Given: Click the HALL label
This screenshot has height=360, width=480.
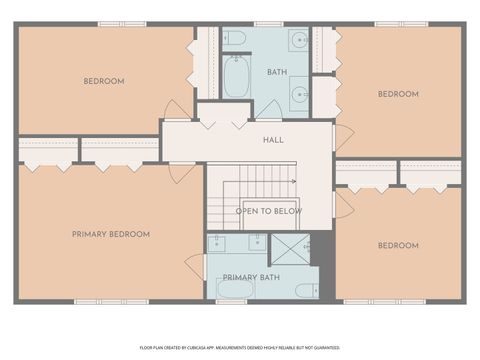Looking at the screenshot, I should click(x=273, y=141).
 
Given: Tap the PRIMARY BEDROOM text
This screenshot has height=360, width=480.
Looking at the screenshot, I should click(x=111, y=234).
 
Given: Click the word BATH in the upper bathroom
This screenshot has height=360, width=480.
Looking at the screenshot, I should click(x=277, y=72).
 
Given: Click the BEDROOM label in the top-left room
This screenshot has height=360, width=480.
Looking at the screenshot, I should click(x=103, y=81).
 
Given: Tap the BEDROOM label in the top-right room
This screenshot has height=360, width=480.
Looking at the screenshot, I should click(x=398, y=94).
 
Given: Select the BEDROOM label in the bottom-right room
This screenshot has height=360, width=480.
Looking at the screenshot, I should click(x=398, y=245).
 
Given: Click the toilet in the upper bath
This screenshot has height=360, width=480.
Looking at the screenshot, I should click(x=235, y=39).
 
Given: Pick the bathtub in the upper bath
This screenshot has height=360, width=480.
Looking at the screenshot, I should click(x=236, y=77).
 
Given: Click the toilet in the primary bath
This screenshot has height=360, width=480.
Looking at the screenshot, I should click(x=306, y=290).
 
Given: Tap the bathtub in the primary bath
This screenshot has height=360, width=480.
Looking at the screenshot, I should click(x=236, y=290).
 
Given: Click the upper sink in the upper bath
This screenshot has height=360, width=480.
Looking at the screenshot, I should click(x=299, y=41).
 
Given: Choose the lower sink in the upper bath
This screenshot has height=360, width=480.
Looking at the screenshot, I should click(x=299, y=96).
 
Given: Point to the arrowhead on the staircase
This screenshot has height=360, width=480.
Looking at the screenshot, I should click(x=292, y=181).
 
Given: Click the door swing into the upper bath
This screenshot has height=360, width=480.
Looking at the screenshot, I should click(x=268, y=109).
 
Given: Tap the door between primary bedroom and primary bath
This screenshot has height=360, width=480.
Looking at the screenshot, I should click(x=194, y=266).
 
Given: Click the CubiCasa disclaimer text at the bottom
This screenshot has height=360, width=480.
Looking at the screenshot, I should click(x=239, y=347).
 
